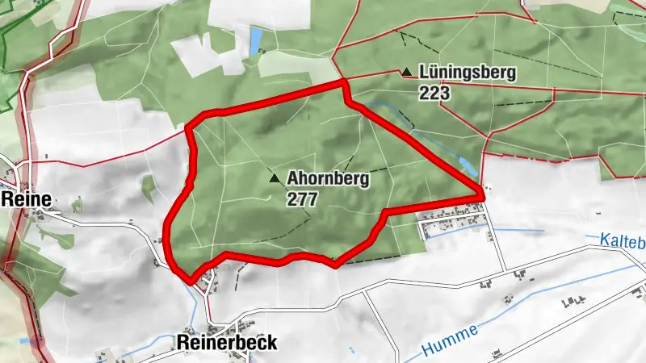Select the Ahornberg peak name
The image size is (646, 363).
pos(328,179)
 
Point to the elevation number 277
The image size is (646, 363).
pos(302,198)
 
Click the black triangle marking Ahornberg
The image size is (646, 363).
pos(275,178)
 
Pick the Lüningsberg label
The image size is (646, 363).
pos(468,73)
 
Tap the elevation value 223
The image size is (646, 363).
pos(434,92)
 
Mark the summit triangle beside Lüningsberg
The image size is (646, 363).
pos(406,73)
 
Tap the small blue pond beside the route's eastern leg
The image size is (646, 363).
pos(467,167)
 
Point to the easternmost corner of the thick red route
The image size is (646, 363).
pos(482,194)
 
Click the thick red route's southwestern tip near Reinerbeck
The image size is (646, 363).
pos(191,282)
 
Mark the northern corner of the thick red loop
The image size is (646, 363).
pos(344,82)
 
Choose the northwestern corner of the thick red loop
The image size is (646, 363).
pos(191,127)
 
